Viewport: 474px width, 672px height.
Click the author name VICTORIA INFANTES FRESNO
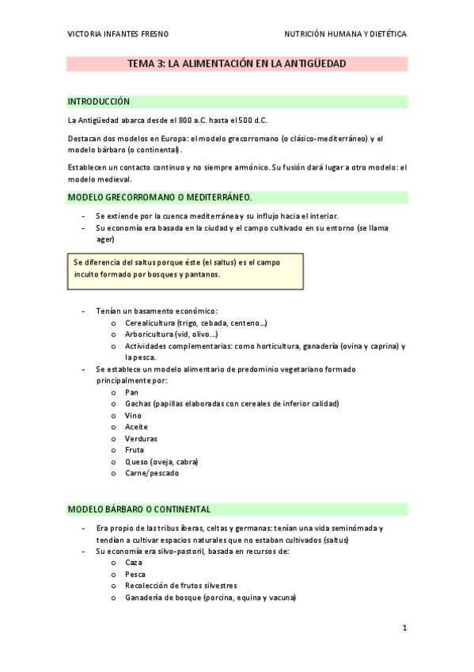click(x=118, y=34)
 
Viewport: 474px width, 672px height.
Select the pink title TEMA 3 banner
click(x=237, y=63)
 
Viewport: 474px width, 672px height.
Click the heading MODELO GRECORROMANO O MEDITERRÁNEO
click(x=160, y=197)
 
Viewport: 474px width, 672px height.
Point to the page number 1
click(x=404, y=628)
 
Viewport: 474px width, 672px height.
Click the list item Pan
click(x=131, y=391)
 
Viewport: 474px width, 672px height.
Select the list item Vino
click(x=133, y=415)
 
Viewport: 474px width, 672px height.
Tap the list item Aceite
click(x=136, y=426)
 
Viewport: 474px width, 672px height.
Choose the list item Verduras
click(x=140, y=438)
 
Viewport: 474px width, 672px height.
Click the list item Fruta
click(x=135, y=450)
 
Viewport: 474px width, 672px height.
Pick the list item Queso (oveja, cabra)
click(x=161, y=461)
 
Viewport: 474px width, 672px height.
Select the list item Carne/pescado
click(x=151, y=473)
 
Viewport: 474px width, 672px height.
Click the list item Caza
click(x=134, y=562)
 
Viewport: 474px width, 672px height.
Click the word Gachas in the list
click(x=137, y=403)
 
